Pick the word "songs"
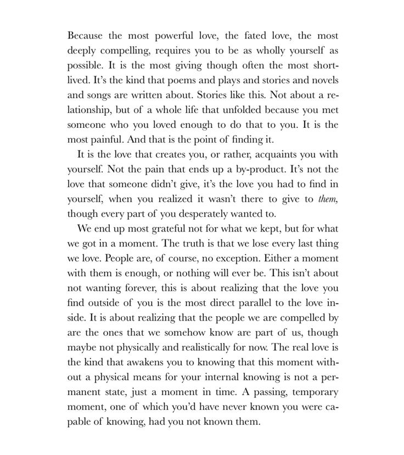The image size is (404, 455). click(x=99, y=94)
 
